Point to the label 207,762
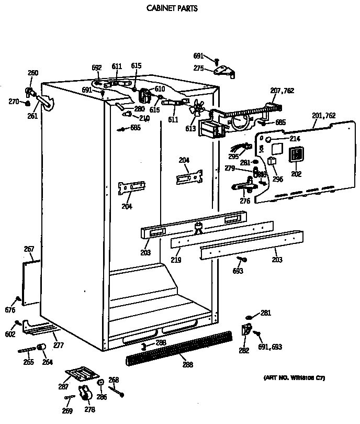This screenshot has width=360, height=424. pos(282,91)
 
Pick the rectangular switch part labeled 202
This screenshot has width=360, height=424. pos(297,153)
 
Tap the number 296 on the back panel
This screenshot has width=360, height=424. pos(277,178)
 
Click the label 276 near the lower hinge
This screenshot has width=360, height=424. pos(244,200)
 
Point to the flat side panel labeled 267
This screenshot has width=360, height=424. pos(31,283)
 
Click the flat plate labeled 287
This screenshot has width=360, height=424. pos(82,374)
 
